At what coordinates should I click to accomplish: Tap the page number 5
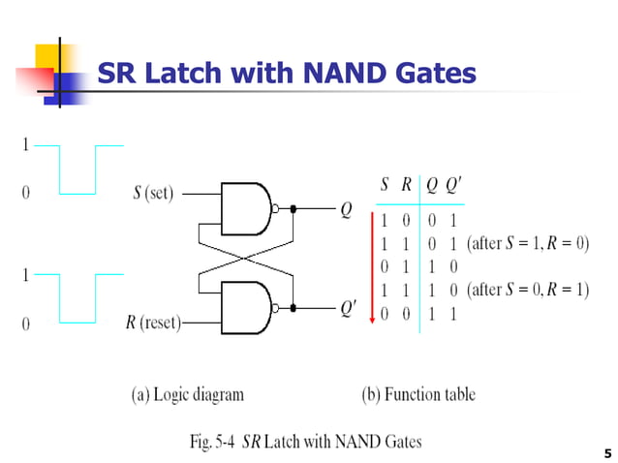(x=606, y=452)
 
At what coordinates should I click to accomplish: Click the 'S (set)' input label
(x=153, y=193)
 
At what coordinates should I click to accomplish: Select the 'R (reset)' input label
(x=153, y=323)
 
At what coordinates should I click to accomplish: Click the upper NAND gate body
(x=246, y=207)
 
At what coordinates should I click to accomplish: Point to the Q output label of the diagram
(x=346, y=208)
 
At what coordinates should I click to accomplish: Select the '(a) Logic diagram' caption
(x=188, y=394)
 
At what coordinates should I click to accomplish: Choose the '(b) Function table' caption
(x=418, y=394)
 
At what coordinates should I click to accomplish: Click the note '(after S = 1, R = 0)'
(x=527, y=243)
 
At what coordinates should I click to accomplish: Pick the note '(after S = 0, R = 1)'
(x=527, y=290)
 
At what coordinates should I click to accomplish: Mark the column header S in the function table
(x=385, y=185)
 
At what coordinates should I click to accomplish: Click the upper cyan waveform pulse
(x=77, y=170)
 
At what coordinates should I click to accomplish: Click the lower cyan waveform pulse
(x=77, y=298)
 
